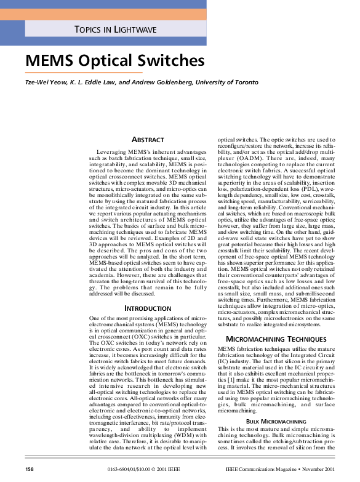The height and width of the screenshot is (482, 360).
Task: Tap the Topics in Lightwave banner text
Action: pos(115,30)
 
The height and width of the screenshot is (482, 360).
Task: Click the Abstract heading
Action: pos(147,140)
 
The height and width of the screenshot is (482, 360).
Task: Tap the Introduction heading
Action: pos(147,308)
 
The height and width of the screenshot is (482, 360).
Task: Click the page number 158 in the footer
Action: pos(29,470)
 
